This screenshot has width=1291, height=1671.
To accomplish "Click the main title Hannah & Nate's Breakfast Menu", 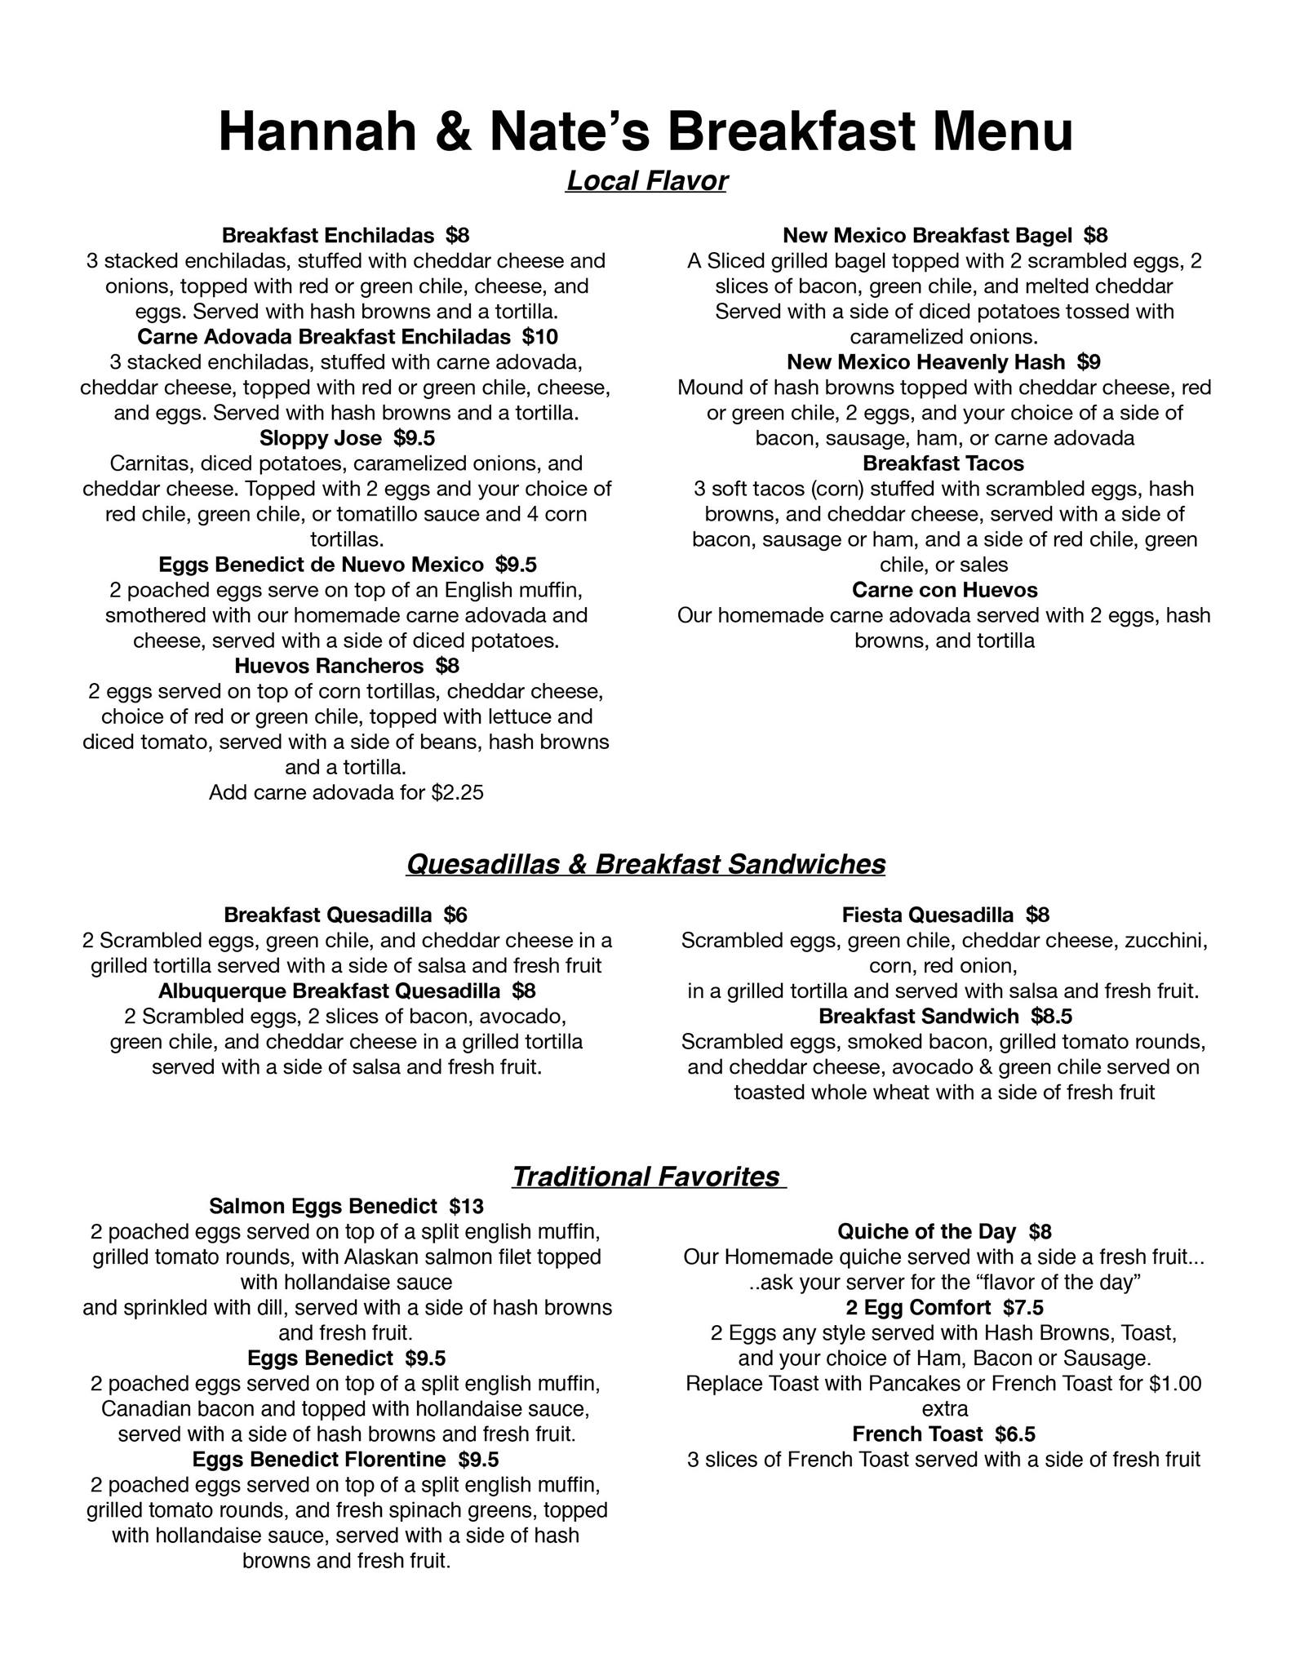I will pos(645,132).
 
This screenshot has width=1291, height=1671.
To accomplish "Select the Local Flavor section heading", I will pos(646,181).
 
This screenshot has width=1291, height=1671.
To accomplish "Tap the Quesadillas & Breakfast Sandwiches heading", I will pos(645,864).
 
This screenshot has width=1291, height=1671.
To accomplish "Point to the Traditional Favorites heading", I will pos(647,1176).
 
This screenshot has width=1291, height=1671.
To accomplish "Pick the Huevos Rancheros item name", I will pos(329,666).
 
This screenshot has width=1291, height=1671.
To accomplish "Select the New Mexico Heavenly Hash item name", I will pos(925,362).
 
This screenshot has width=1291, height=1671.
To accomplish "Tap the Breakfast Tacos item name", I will pos(943,463).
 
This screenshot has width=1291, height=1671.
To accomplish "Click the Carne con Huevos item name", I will pos(944,590).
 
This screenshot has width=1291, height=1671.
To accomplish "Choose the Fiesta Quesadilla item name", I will pos(928,915).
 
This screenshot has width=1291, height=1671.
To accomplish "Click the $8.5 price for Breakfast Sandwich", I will pos(1051,1017).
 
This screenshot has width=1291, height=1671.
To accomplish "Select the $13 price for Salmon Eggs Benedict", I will pos(466,1206).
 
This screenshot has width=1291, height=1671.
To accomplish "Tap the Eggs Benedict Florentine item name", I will pos(319,1459).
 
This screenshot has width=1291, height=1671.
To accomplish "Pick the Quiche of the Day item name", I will pos(926,1231).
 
